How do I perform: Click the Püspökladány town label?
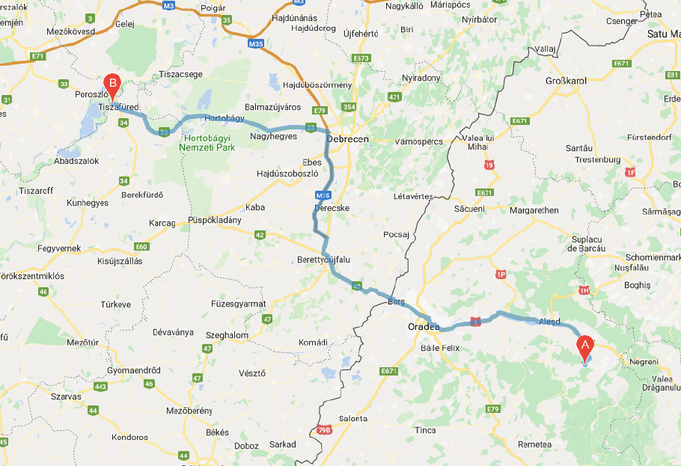[214, 221]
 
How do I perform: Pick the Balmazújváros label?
[272, 107]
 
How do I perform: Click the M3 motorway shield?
[168, 5]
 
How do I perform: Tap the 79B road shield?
[323, 429]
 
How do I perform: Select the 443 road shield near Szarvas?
[100, 386]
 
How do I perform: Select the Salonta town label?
[353, 419]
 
